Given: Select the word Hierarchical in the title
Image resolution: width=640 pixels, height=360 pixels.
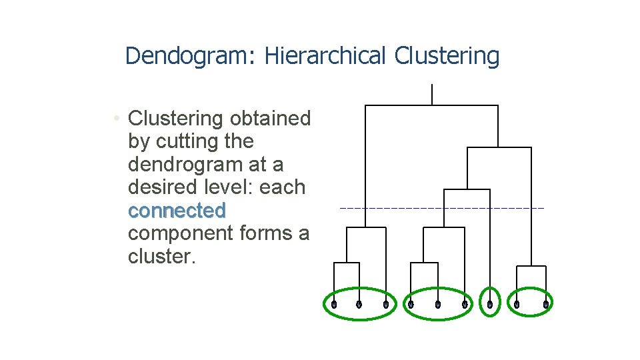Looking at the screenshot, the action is (x=325, y=56).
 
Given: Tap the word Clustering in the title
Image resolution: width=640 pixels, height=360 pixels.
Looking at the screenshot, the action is (x=447, y=56).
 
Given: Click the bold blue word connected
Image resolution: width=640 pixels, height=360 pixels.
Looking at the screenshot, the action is (x=177, y=211).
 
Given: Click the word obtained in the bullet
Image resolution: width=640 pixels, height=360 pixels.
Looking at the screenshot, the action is (x=270, y=119).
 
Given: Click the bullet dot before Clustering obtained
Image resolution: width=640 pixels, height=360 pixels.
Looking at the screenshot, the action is (x=116, y=119).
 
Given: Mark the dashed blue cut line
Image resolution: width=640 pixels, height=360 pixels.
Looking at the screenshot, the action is (x=441, y=209).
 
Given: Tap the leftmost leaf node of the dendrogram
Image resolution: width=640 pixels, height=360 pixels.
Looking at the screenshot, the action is (x=334, y=305).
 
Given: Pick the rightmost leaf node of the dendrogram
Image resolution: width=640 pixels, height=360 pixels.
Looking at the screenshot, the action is (x=545, y=305).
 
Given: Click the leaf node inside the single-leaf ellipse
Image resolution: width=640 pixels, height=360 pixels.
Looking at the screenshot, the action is (x=490, y=305).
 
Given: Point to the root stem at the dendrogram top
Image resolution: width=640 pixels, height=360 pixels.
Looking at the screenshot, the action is (x=432, y=95).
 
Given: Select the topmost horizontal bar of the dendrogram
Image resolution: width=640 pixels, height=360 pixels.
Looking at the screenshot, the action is (x=432, y=105).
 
